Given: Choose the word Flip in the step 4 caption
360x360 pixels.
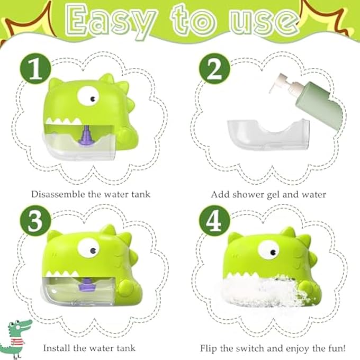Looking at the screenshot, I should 210,348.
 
